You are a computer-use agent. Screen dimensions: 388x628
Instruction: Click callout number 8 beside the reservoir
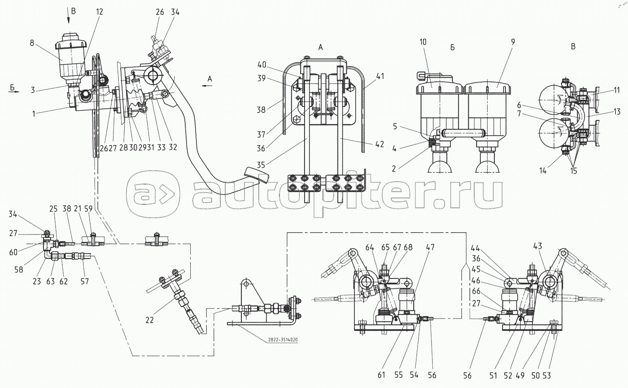pyautogui.click(x=32, y=44)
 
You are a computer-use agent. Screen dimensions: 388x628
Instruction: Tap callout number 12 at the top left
pyautogui.click(x=99, y=12)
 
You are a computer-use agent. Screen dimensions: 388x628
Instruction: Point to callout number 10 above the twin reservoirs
pyautogui.click(x=423, y=42)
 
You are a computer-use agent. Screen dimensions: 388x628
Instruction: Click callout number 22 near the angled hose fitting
pyautogui.click(x=149, y=320)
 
